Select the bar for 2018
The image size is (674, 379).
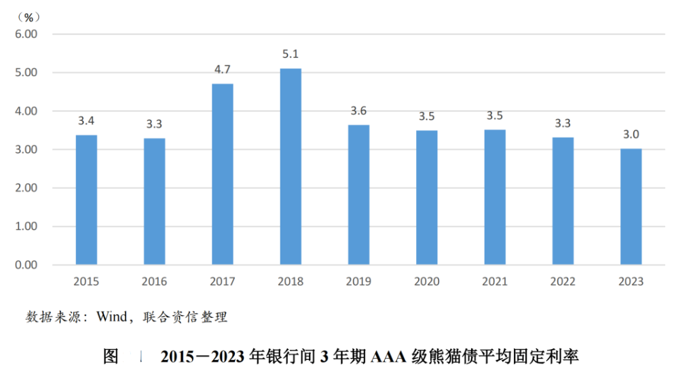(291, 166)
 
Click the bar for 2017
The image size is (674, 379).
(223, 174)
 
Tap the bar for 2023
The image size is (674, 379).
(631, 206)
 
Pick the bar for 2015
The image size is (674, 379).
(86, 200)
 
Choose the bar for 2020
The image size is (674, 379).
(427, 197)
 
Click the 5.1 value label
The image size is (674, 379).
(291, 53)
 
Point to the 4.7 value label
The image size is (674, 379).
(223, 69)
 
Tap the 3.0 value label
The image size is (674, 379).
(631, 134)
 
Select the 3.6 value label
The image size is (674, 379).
(358, 110)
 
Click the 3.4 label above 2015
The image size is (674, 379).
(86, 120)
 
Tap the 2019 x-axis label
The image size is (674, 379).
(358, 281)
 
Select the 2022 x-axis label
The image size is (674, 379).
(563, 281)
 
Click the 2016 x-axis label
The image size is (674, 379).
(154, 281)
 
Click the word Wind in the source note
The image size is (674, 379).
(112, 317)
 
